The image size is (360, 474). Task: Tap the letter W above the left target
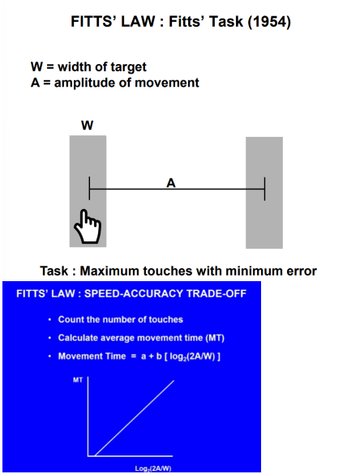(x=87, y=126)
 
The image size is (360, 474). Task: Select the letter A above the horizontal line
(x=171, y=182)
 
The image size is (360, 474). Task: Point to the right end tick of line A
(x=264, y=190)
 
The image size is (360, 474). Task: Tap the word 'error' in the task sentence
(x=299, y=271)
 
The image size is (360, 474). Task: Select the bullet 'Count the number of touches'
(x=121, y=319)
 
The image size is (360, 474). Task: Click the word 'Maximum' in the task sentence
(x=110, y=271)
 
